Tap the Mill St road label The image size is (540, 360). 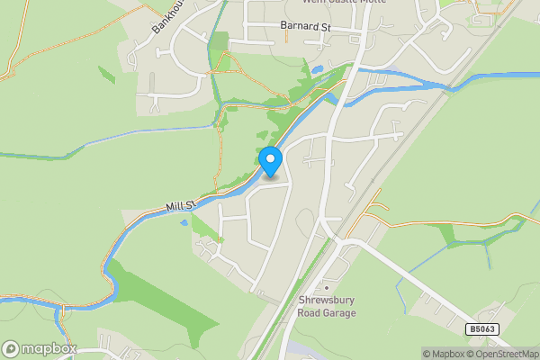click(x=183, y=206)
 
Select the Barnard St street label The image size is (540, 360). click(x=305, y=26)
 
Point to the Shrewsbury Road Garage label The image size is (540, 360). click(x=327, y=307)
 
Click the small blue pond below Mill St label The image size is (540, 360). click(x=184, y=221)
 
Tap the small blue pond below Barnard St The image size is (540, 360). click(x=317, y=68)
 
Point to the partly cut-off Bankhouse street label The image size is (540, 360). click(x=166, y=19)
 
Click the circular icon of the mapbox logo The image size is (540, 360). click(x=12, y=349)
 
